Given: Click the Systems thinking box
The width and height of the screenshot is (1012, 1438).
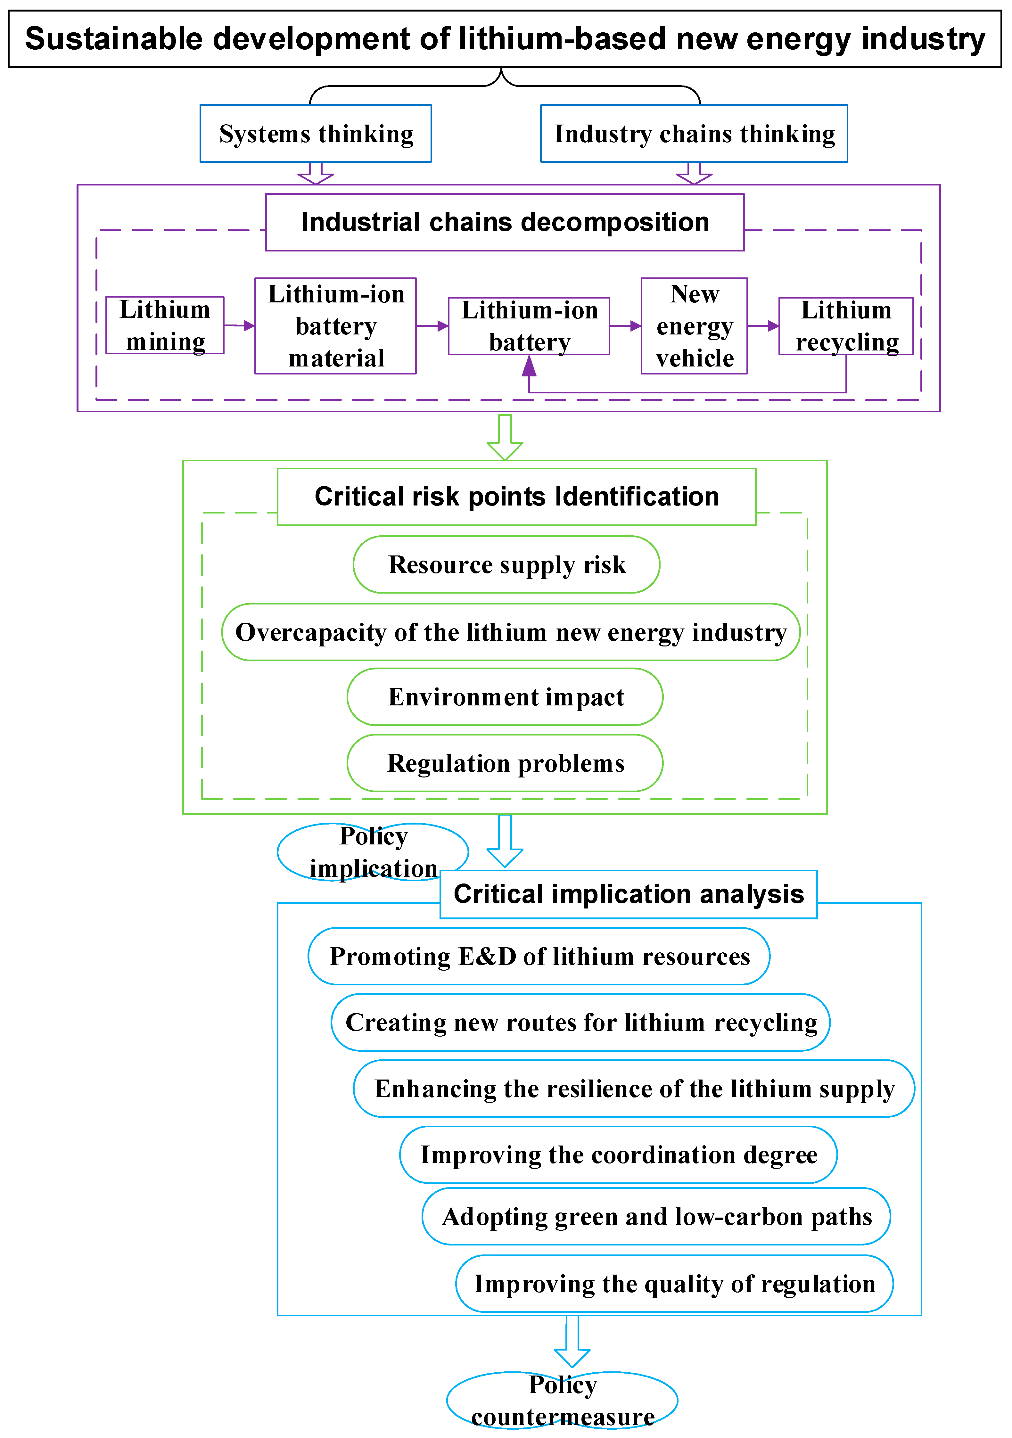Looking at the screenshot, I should coord(316,133).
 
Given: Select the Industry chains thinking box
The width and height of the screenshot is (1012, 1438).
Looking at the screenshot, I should coord(694,133).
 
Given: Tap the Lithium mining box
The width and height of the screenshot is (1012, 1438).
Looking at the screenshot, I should coord(165,325).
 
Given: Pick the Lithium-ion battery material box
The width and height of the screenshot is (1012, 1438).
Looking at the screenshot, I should coord(336,326).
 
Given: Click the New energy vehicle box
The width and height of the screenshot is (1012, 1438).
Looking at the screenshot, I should coord(694,326).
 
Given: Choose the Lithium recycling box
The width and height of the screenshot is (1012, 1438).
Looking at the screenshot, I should coord(845,326).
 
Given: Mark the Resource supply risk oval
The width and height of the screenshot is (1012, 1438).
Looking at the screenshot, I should coord(506,564).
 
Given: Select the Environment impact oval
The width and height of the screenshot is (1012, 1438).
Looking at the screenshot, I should coord(505,696).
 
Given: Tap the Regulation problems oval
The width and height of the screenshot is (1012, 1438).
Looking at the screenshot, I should coord(505,763).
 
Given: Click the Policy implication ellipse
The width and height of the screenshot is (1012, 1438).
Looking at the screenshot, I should coord(373,852).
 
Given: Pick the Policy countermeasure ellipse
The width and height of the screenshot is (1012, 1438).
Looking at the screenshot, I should coord(562,1401).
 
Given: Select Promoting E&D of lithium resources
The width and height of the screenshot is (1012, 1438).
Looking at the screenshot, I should coord(539,956).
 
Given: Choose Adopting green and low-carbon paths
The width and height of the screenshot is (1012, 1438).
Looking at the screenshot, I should coord(656,1216).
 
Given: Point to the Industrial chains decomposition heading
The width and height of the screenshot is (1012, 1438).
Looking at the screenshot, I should coord(505,222).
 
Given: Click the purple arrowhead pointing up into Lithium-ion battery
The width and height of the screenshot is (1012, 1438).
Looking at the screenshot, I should coord(529,366).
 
